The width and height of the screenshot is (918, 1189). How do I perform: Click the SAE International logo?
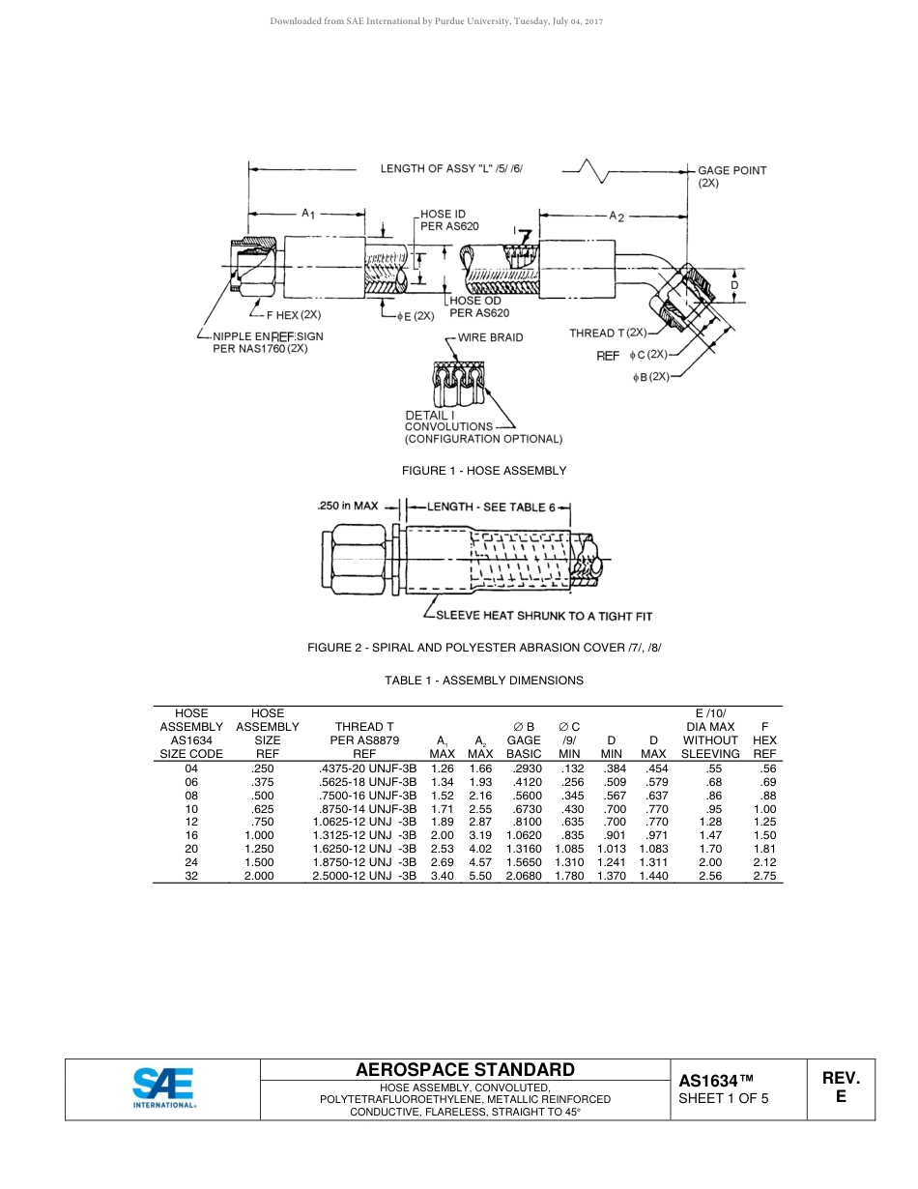pos(163,1088)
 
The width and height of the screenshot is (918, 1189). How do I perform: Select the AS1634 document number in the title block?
pos(715,1081)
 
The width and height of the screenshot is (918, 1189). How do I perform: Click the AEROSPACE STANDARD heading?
pos(465,1070)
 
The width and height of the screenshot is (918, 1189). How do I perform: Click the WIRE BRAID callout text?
pos(490,337)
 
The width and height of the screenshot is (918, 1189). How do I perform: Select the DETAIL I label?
pos(430,415)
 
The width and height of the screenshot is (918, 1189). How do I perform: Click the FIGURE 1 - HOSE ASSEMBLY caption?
pos(484,471)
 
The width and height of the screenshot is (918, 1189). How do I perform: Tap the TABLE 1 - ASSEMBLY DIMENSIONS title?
pos(484,681)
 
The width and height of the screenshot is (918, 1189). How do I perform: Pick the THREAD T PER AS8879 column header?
pos(363,740)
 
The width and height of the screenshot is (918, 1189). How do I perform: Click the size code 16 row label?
pos(191,835)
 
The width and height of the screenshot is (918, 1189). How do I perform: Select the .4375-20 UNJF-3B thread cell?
pos(367,768)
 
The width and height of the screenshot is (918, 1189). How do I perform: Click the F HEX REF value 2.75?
pos(764,876)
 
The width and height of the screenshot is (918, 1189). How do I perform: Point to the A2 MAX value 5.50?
pos(480,876)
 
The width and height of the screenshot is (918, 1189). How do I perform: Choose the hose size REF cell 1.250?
pos(261,849)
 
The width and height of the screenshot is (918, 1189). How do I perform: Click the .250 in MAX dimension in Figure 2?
pos(348,506)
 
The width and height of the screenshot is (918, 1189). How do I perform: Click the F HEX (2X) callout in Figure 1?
pos(294,315)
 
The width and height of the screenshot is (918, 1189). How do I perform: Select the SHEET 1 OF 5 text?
pos(724,1098)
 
